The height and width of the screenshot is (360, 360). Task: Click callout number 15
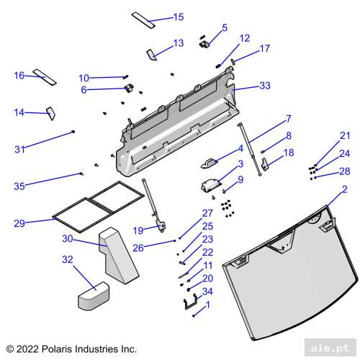pyautogui.click(x=179, y=17)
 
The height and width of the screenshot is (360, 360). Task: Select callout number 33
pyautogui.click(x=265, y=86)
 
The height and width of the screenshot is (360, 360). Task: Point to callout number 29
pyautogui.click(x=20, y=224)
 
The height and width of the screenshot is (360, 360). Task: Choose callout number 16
pyautogui.click(x=19, y=75)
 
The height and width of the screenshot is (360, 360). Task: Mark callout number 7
pyautogui.click(x=288, y=117)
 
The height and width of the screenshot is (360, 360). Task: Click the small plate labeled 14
pyautogui.click(x=51, y=112)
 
